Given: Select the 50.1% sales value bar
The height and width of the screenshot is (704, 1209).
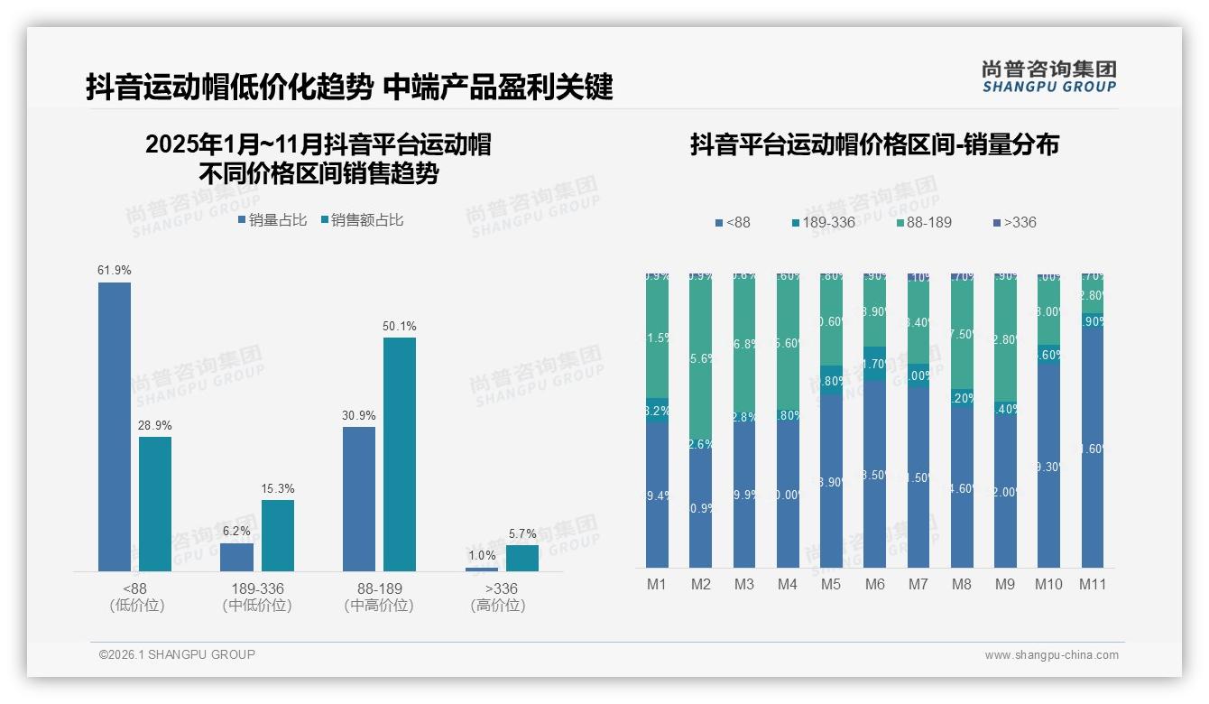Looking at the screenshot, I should [x=400, y=454].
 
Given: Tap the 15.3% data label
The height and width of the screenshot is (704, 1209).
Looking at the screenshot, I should [x=278, y=489].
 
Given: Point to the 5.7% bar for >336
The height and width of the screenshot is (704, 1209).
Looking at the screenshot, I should [x=522, y=558].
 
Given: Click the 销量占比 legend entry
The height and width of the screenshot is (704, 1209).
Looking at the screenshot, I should [x=272, y=220].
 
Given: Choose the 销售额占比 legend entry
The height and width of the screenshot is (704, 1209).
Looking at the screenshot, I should [x=362, y=220].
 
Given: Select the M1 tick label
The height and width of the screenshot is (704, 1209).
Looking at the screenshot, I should [x=657, y=585].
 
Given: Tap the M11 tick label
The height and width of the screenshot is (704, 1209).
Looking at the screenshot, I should [x=1093, y=585].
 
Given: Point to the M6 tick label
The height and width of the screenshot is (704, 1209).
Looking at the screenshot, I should [x=874, y=585].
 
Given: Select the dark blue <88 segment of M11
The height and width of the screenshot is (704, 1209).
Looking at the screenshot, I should [x=1093, y=447].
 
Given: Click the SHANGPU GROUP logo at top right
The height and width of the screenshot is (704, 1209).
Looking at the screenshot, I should [x=1048, y=77].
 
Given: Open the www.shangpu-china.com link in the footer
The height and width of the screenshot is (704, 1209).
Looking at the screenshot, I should [x=1051, y=655].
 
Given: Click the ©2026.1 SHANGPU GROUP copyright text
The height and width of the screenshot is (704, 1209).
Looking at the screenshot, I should [x=177, y=654].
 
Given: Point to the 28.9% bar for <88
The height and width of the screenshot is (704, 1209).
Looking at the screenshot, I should [x=155, y=504].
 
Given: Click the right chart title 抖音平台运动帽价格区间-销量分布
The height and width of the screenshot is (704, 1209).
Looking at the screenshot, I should [x=874, y=145].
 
